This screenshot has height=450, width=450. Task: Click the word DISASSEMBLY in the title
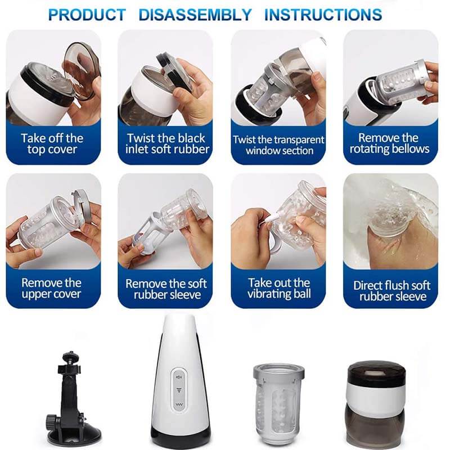pos(195,15)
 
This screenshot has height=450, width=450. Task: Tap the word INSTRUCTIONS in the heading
pos(323,15)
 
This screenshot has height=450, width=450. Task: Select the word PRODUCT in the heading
pos(87,15)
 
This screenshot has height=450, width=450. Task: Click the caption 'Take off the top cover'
pos(52,144)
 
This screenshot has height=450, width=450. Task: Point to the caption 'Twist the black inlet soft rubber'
pos(166,144)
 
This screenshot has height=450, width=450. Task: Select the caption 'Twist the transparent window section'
pos(278,145)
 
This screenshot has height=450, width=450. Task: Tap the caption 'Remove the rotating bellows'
pos(389,143)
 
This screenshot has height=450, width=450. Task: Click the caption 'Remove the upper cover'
pos(52,289)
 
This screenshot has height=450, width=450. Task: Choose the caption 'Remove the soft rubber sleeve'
pos(166,289)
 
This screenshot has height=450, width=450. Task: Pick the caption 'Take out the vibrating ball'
pos(279,288)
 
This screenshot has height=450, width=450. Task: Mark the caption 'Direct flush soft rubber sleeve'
pos(391,291)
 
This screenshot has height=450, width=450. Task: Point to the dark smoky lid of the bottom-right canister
pos(376,373)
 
